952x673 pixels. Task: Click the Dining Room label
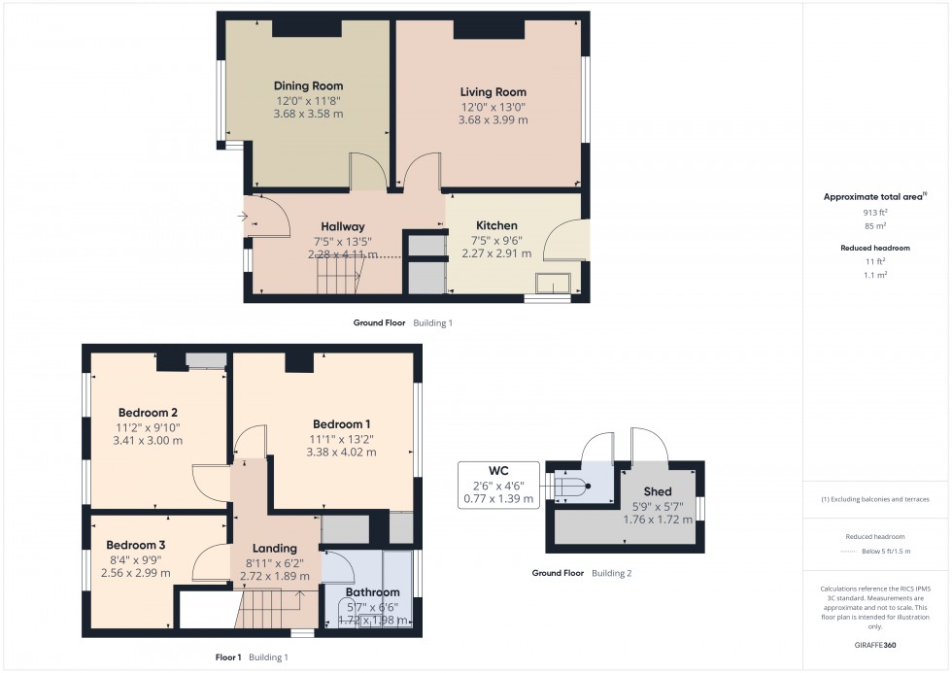tap(308, 86)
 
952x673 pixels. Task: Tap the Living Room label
tap(493, 92)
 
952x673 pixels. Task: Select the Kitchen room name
tap(496, 225)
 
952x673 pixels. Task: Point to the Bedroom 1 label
tap(341, 424)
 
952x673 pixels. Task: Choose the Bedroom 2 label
tap(148, 412)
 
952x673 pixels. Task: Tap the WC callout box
tap(497, 485)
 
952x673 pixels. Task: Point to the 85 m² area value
tap(875, 226)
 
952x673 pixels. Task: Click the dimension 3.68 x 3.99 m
tap(493, 120)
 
